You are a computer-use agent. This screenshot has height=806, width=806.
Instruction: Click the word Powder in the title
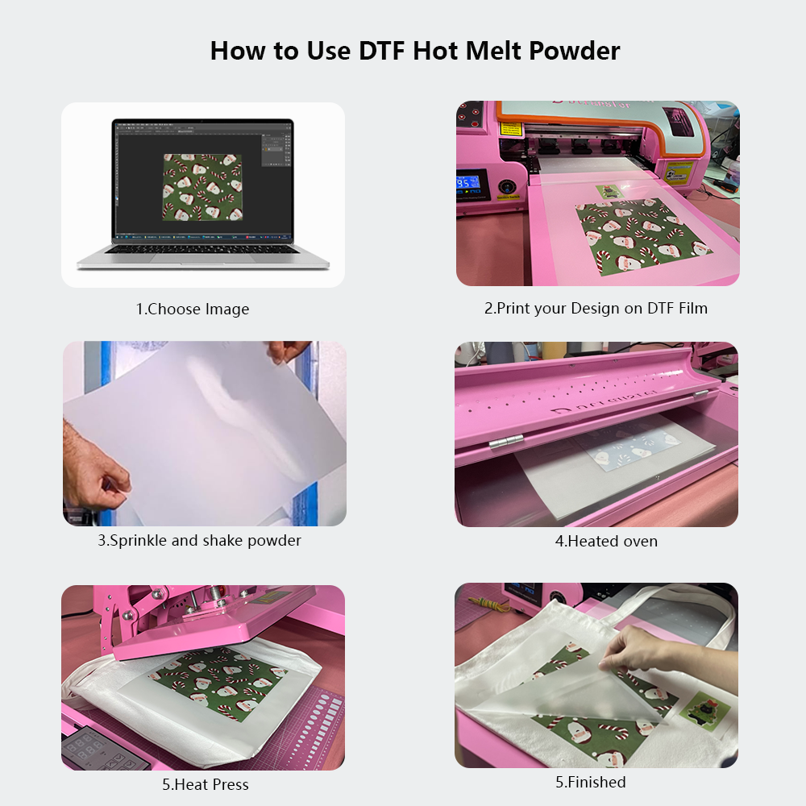pyautogui.click(x=574, y=50)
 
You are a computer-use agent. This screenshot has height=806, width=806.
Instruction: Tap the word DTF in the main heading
pyautogui.click(x=380, y=50)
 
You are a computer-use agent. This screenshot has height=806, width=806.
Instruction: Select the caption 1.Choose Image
pyautogui.click(x=193, y=309)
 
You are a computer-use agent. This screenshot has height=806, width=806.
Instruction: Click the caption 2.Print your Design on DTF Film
pyautogui.click(x=596, y=308)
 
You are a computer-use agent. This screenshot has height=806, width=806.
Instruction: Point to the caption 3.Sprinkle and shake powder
pyautogui.click(x=199, y=540)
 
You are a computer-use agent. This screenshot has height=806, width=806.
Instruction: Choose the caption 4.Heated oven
pyautogui.click(x=606, y=541)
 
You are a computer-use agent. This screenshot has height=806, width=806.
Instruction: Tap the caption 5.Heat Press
pyautogui.click(x=205, y=784)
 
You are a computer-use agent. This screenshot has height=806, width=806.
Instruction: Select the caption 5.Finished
pyautogui.click(x=591, y=782)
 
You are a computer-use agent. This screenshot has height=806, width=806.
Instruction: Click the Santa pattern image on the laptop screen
pyautogui.click(x=202, y=187)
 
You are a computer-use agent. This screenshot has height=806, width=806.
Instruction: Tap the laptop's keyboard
pyautogui.click(x=202, y=249)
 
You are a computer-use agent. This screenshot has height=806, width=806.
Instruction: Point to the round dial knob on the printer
pyautogui.click(x=506, y=187)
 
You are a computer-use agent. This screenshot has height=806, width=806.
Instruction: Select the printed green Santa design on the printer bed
pyautogui.click(x=643, y=235)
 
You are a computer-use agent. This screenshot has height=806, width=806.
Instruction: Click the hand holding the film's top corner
pyautogui.click(x=289, y=351)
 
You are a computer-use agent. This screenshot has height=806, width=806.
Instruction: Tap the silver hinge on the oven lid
pyautogui.click(x=506, y=442)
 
